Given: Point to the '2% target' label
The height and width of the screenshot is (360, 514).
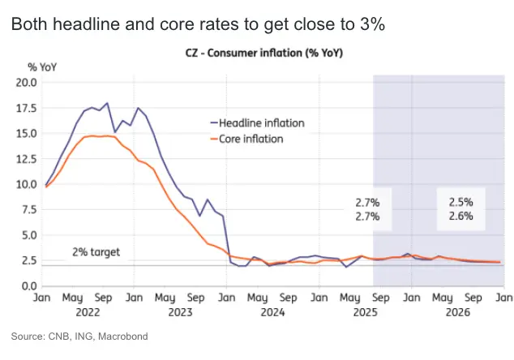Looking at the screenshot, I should (96, 252).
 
